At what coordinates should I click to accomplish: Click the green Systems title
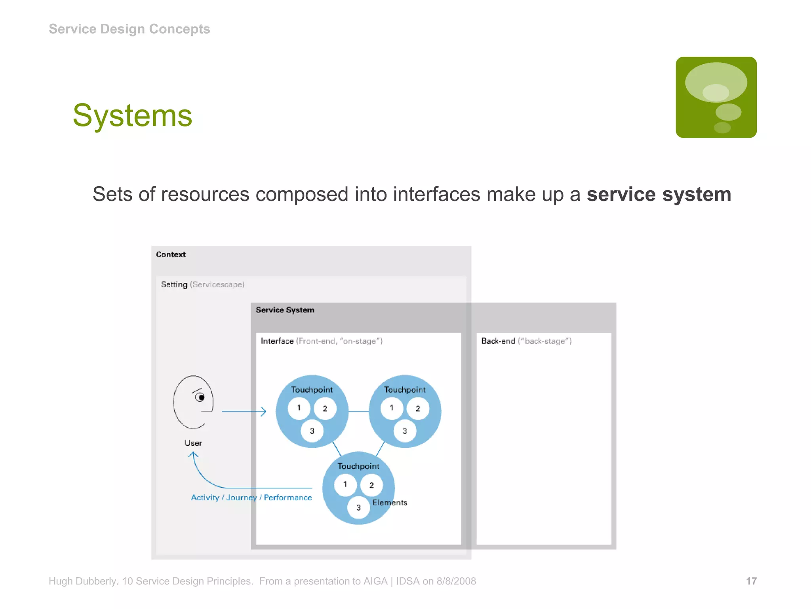[132, 115]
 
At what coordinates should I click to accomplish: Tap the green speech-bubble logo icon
[716, 97]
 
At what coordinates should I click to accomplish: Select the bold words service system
[659, 194]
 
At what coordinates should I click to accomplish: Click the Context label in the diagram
[171, 255]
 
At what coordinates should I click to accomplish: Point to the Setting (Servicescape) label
[202, 284]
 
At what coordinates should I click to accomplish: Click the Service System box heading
[285, 310]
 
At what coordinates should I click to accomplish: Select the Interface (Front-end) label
[321, 341]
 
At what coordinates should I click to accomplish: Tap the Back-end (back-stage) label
[526, 341]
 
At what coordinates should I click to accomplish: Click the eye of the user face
[200, 397]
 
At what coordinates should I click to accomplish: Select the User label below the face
[193, 443]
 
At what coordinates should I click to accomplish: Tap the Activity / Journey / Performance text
[251, 498]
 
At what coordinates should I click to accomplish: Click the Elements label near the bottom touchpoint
[390, 503]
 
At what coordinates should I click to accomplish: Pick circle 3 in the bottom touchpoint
[358, 507]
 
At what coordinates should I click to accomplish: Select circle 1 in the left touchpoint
[299, 408]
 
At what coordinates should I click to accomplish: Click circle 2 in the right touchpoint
[418, 409]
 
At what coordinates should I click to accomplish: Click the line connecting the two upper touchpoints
[358, 412]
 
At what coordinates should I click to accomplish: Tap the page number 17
[751, 581]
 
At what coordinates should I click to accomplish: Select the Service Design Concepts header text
[129, 29]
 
